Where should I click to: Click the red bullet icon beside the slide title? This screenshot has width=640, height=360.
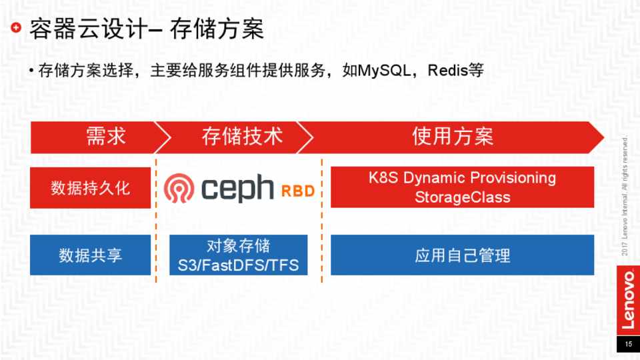(16, 28)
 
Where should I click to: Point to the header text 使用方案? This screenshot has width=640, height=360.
(453, 136)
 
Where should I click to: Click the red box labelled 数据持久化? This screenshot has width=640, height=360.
(90, 188)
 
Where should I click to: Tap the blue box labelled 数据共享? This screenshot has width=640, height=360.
(90, 255)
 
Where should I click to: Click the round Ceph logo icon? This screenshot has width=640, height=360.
(179, 188)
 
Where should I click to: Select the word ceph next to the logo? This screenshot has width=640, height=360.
(237, 189)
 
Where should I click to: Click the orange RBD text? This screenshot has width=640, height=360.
(298, 191)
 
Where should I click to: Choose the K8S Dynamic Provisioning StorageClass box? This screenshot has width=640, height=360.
(462, 187)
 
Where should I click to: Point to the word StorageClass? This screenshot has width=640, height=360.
(463, 197)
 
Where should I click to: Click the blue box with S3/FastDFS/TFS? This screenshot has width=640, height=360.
(239, 255)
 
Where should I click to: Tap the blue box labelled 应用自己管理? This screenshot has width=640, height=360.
(462, 255)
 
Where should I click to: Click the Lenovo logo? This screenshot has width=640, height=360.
(628, 301)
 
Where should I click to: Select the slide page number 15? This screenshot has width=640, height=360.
(628, 344)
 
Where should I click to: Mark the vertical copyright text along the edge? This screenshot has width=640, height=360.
(625, 197)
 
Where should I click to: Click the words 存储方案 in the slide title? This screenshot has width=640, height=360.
(217, 29)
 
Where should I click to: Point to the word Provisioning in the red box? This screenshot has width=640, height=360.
(513, 178)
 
